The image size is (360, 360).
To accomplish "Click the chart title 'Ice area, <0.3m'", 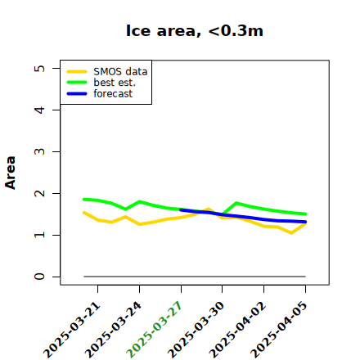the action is point(195,30).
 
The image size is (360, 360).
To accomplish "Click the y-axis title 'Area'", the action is point(11,173).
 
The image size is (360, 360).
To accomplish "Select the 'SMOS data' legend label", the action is point(120,72).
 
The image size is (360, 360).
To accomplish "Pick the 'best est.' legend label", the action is point(115,83).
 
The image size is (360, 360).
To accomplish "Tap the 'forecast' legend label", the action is point(113,93).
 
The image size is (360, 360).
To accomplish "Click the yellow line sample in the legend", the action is point(77,72).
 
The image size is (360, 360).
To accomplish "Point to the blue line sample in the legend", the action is point(77,94).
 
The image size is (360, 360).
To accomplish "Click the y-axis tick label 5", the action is point(39,68).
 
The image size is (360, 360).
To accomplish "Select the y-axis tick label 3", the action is point(39,151).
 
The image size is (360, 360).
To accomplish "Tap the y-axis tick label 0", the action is point(39,277).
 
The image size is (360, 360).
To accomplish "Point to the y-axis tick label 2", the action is point(39,193).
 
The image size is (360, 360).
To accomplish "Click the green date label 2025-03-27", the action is point(154,330).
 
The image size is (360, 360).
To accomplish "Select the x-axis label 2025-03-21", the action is point(71,330).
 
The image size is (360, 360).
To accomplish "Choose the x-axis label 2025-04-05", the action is point(278,330).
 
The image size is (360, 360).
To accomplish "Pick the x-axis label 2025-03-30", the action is point(196,330).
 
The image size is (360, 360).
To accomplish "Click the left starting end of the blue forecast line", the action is point(181,209).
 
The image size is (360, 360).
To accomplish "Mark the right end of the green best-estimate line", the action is point(305,214).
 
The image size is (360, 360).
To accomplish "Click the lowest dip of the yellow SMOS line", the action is point(291,233).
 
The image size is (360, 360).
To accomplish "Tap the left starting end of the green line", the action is point(84,200).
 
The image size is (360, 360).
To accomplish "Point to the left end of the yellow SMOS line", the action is point(84,213).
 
